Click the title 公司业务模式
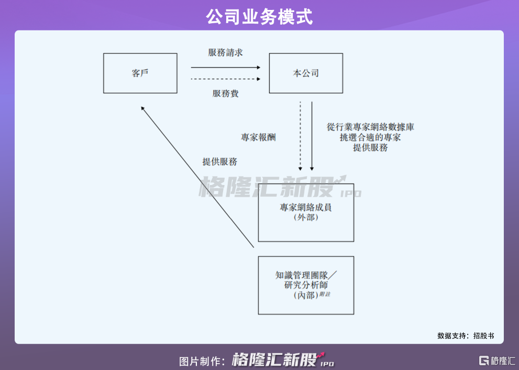pyautogui.click(x=259, y=17)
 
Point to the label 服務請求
pyautogui.click(x=225, y=52)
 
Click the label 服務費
pyautogui.click(x=225, y=93)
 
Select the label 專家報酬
pyautogui.click(x=258, y=137)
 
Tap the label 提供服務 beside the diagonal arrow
pyautogui.click(x=220, y=161)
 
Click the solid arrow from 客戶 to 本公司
pyautogui.click(x=226, y=68)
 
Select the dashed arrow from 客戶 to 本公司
pyautogui.click(x=226, y=79)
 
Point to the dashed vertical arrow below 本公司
pyautogui.click(x=300, y=136)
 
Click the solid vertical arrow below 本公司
pyautogui.click(x=312, y=136)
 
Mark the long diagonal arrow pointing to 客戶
pyautogui.click(x=197, y=177)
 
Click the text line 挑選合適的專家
pyautogui.click(x=370, y=137)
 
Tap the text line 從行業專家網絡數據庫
pyautogui.click(x=370, y=127)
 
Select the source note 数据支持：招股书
pyautogui.click(x=466, y=335)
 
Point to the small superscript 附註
pyautogui.click(x=325, y=294)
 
